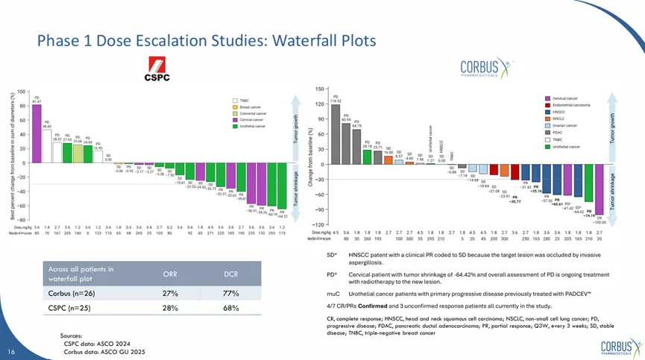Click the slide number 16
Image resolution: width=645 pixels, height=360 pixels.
click(11, 351)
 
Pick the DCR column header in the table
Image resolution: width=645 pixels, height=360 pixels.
click(231, 274)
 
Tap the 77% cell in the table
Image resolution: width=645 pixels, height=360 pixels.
click(231, 294)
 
